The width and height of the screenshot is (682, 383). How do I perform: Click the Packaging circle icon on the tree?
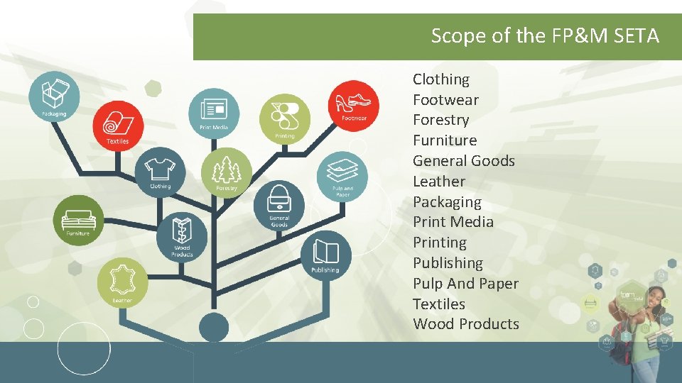54,96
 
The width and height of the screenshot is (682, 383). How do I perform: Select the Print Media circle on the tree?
214,113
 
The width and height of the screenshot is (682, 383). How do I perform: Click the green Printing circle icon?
284,118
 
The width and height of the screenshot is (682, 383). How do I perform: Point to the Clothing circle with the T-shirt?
161,172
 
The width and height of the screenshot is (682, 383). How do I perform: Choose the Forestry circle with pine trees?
226,172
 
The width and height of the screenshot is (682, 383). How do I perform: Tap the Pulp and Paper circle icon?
342,176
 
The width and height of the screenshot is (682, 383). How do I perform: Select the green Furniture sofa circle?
78,220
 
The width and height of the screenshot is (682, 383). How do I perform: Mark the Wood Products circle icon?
182,238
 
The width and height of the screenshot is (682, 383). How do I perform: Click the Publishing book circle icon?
325,255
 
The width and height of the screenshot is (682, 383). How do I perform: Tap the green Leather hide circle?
122,283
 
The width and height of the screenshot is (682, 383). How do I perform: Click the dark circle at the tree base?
214,327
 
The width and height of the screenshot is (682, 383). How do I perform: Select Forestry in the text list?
440,120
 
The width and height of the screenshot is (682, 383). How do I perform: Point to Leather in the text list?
438,182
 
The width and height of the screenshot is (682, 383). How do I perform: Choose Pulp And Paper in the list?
465,284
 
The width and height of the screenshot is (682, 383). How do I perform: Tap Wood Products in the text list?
465,324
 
